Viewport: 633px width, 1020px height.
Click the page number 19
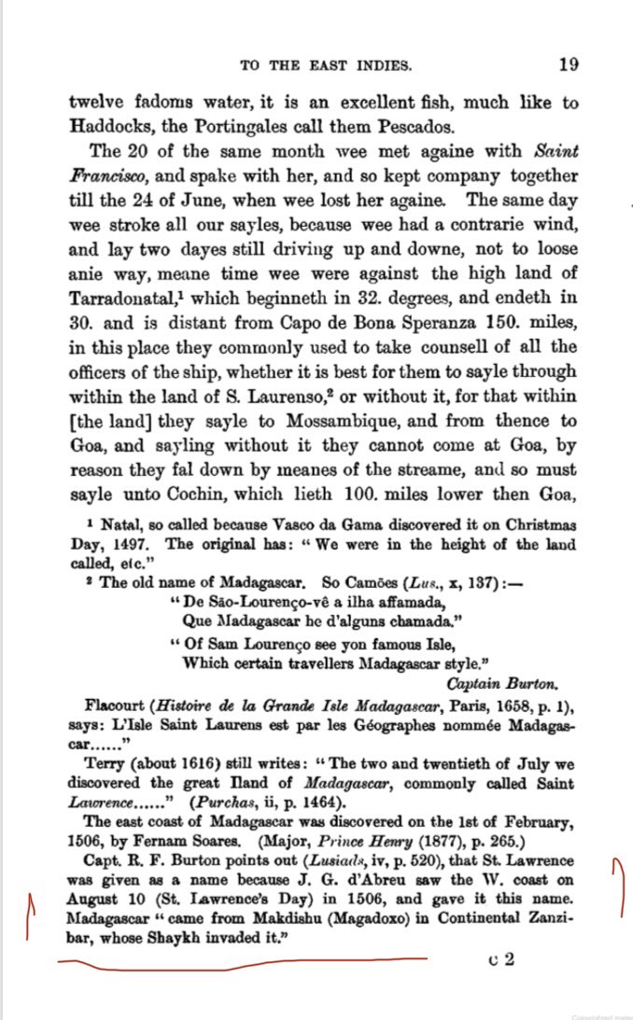point(569,64)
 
